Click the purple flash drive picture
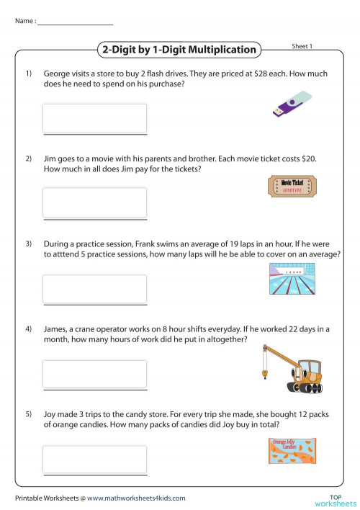292,104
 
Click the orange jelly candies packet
292,450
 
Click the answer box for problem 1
95,118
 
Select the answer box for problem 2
95,202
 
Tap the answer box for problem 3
95,288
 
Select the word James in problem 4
58,328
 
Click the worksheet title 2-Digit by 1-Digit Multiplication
179,50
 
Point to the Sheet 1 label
302,46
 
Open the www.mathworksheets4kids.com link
136,498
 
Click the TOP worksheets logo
334,498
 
